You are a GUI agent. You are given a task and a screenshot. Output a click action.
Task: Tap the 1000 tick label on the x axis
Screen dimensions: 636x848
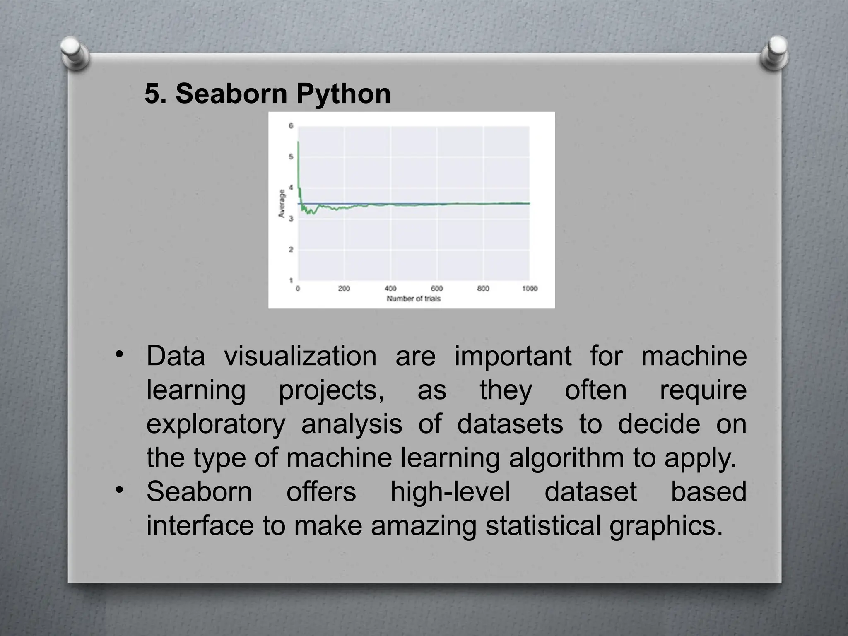(530, 289)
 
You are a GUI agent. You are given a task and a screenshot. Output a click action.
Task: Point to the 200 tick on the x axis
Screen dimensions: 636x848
(344, 289)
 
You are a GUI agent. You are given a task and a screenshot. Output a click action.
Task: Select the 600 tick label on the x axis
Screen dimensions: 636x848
(437, 289)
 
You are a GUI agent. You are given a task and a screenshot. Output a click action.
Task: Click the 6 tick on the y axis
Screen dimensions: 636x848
(291, 126)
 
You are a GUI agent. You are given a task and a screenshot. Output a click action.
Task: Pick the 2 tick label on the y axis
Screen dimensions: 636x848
(291, 250)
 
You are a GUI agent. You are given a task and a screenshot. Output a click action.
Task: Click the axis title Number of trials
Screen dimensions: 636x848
(413, 299)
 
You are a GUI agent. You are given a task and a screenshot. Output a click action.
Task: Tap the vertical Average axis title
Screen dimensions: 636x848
(282, 204)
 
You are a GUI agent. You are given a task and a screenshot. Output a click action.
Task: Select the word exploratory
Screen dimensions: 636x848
(216, 424)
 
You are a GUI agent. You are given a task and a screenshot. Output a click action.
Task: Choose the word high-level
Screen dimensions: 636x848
(450, 492)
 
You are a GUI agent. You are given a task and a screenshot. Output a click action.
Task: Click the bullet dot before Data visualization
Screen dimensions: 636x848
(120, 354)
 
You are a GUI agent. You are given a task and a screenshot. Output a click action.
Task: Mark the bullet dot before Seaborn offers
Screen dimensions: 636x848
(120, 490)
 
